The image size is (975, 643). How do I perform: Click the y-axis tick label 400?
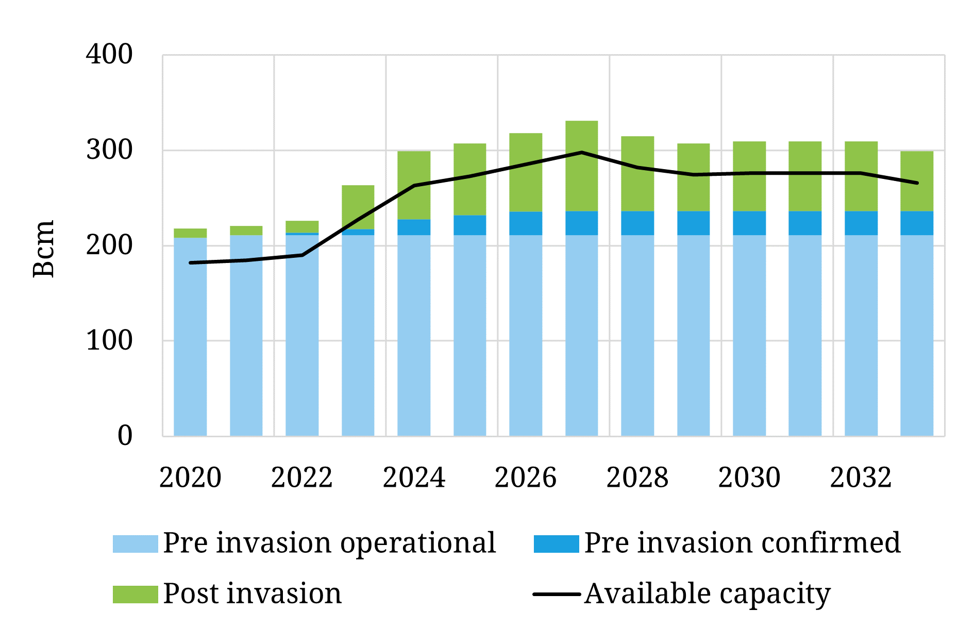pyautogui.click(x=109, y=55)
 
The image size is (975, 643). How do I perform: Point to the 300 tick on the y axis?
pyautogui.click(x=109, y=150)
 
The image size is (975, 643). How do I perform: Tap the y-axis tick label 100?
pyautogui.click(x=109, y=340)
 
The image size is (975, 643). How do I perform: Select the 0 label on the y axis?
pyautogui.click(x=125, y=436)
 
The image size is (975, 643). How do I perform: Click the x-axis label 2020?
pyautogui.click(x=190, y=477)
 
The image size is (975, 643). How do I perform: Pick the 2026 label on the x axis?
pyautogui.click(x=526, y=477)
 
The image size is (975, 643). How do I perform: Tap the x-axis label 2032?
pyautogui.click(x=861, y=477)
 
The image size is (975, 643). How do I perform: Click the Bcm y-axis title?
pyautogui.click(x=44, y=249)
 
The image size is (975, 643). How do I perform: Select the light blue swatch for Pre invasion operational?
pyautogui.click(x=135, y=544)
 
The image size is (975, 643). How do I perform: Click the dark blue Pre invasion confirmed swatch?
pyautogui.click(x=556, y=544)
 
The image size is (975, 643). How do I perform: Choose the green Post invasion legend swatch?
pyautogui.click(x=135, y=594)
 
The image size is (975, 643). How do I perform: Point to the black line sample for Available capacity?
pyautogui.click(x=556, y=594)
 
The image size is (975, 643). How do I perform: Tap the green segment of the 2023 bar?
pyautogui.click(x=358, y=207)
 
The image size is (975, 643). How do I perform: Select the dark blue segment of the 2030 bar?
pyautogui.click(x=749, y=223)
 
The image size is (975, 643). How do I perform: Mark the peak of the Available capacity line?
pyautogui.click(x=581, y=152)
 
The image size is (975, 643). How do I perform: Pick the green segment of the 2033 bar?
pyautogui.click(x=917, y=181)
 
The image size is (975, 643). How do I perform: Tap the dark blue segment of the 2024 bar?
pyautogui.click(x=414, y=227)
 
